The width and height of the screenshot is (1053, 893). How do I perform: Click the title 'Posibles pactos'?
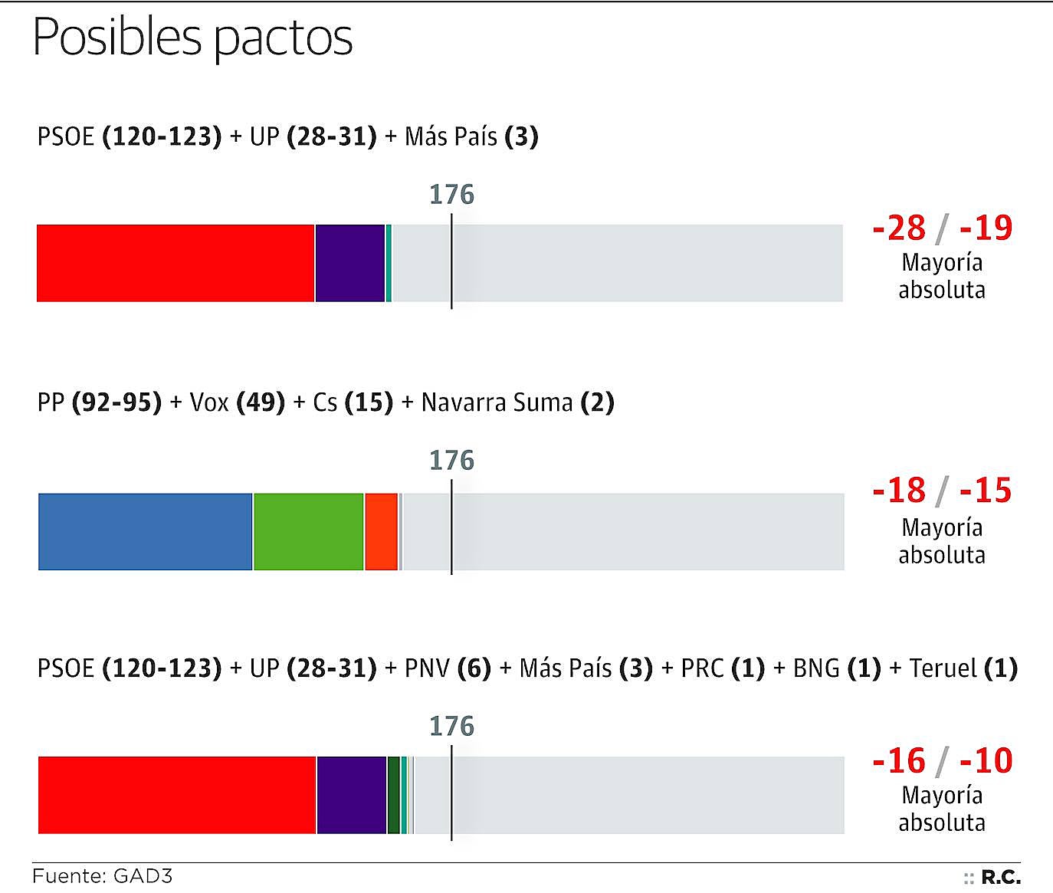pos(192,37)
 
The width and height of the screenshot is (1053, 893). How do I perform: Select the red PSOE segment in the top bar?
pos(175,263)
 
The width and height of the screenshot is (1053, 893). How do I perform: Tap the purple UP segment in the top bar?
pos(350,263)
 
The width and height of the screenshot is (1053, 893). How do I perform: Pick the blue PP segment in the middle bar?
pos(145,531)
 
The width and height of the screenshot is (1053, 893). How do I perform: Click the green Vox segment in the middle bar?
pos(308,531)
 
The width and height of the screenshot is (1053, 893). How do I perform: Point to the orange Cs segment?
pos(381,531)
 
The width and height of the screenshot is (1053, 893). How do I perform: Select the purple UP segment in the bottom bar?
pos(352,795)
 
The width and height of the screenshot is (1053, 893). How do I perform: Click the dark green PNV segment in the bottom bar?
pos(394,795)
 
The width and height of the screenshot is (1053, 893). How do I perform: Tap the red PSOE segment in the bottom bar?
pos(177,795)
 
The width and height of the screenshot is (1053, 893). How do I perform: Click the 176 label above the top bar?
pos(451,195)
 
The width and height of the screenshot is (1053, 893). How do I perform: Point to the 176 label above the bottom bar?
pos(451,726)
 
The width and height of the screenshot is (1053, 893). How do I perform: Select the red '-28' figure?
pos(900,228)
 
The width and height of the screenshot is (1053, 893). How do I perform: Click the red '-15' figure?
pos(986,491)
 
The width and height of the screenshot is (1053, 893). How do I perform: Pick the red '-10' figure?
pos(986,760)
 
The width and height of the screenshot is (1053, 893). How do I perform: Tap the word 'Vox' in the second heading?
pos(209,402)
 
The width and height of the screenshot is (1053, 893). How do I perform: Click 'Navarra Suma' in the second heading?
pos(497,402)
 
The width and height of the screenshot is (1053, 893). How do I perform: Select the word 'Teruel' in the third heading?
pos(943,668)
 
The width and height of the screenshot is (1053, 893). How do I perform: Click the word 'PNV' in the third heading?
pos(427,668)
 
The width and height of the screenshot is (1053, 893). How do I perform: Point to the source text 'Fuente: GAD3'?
pos(103,875)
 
